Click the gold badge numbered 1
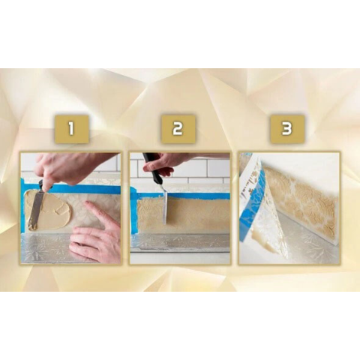pyautogui.click(x=71, y=129)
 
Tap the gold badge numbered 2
pyautogui.click(x=178, y=129)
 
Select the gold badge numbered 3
pyautogui.click(x=287, y=129)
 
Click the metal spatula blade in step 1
pyautogui.click(x=35, y=211)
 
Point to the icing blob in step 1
pyautogui.click(x=47, y=210)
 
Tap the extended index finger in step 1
pyautogui.click(x=96, y=212)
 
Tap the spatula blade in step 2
pyautogui.click(x=166, y=208)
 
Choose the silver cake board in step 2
pyautogui.click(x=180, y=242)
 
